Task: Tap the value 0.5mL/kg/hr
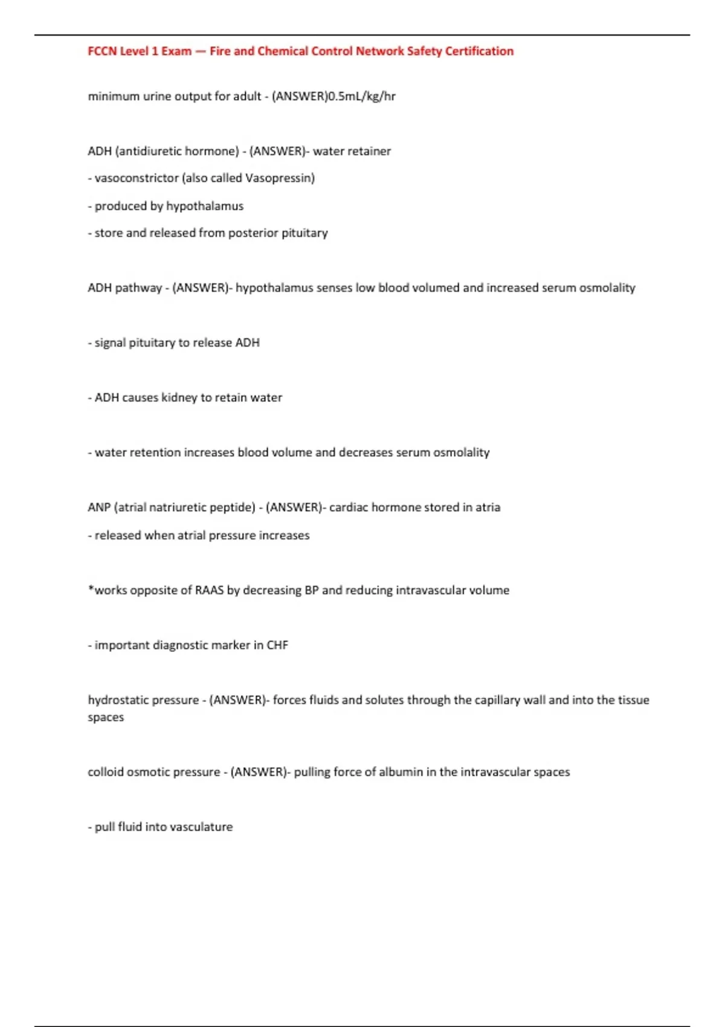[x=361, y=96]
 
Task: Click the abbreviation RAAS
[x=209, y=590]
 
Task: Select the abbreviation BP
[x=311, y=590]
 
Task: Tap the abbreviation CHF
[x=277, y=645]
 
